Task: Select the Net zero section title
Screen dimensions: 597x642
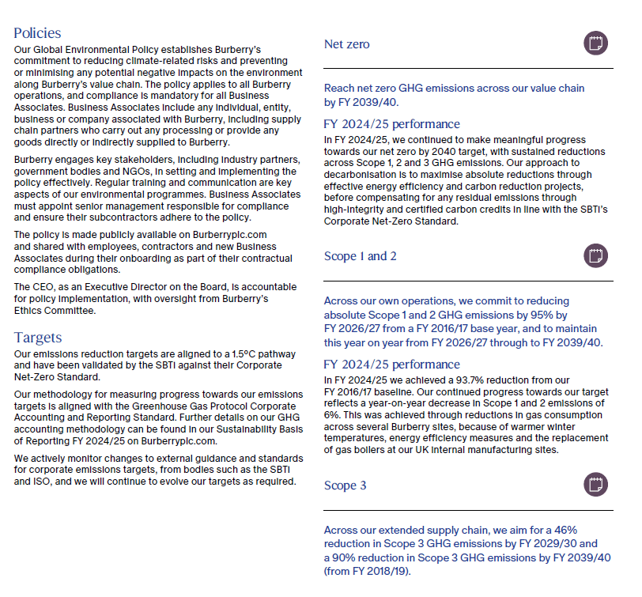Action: [x=346, y=44]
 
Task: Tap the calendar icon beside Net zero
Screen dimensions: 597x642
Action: [x=595, y=43]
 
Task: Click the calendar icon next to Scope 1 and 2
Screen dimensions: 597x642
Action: [x=595, y=255]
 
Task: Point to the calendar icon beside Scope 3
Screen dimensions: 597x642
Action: [x=595, y=484]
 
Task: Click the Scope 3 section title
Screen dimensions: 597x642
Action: [x=345, y=485]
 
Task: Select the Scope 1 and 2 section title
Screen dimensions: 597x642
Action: [x=360, y=256]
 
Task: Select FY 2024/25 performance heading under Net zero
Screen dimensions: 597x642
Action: [x=391, y=124]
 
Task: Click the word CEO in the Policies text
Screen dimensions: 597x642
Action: [x=46, y=286]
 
